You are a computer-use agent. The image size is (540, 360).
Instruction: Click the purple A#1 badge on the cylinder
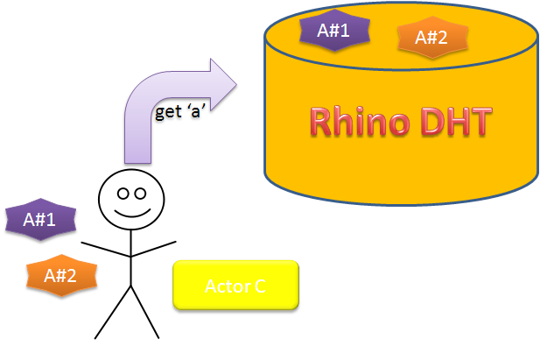[333, 31]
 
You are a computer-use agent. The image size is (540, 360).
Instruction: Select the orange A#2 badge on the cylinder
[431, 38]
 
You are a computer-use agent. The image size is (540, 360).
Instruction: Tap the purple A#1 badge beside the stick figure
[39, 219]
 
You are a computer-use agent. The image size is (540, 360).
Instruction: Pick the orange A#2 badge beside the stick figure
[60, 275]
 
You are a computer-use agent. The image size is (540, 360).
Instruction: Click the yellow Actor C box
[235, 286]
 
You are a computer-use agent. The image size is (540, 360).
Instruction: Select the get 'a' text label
[179, 113]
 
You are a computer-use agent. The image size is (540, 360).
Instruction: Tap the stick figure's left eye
[123, 193]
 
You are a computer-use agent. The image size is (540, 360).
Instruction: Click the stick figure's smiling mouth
[131, 211]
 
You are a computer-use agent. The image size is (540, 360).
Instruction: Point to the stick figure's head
[131, 200]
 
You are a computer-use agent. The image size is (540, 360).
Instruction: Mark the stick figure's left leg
[113, 312]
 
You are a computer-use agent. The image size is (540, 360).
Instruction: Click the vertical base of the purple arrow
[138, 140]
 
